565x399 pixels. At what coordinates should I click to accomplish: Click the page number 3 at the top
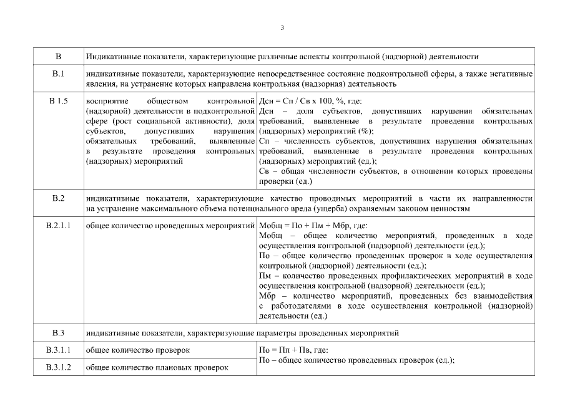[x=282, y=27]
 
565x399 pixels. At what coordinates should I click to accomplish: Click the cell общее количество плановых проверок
[x=157, y=367]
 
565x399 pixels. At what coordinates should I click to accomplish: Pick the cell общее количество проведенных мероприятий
[x=170, y=225]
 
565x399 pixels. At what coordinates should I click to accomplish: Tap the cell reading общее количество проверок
[x=138, y=350]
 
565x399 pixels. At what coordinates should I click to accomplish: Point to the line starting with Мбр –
[x=395, y=296]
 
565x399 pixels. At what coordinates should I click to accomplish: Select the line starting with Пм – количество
[x=395, y=276]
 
